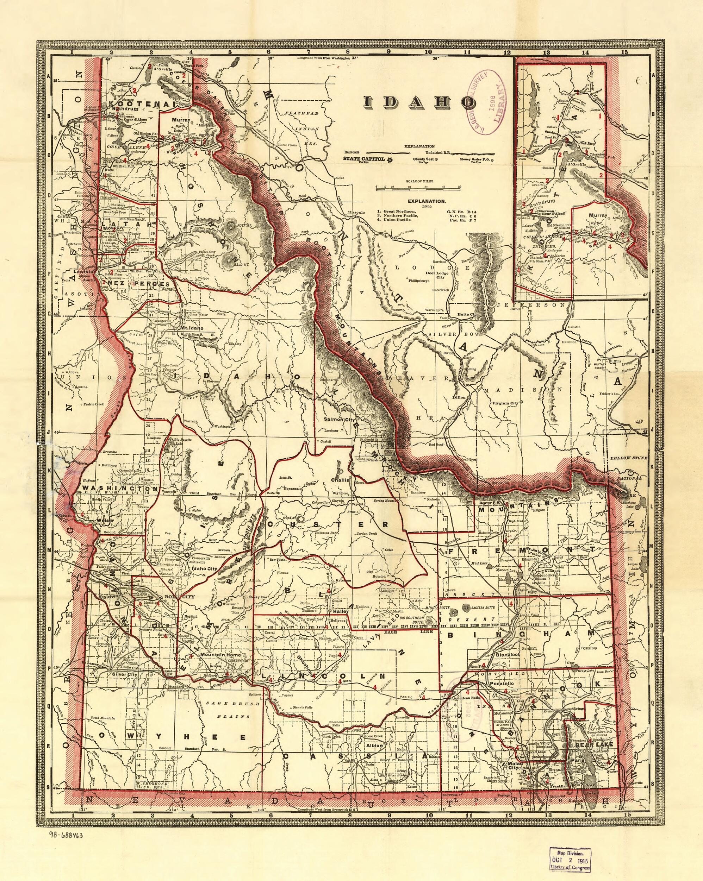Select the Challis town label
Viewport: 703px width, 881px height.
point(340,480)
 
